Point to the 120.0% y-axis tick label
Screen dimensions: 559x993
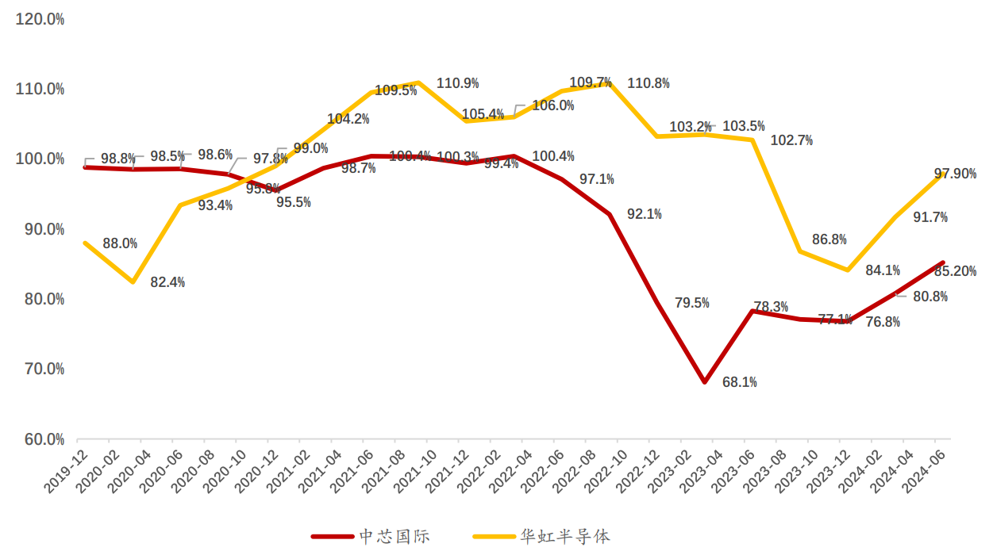click(x=40, y=19)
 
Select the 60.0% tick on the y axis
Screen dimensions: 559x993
click(x=40, y=439)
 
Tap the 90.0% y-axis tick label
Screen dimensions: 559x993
click(x=40, y=229)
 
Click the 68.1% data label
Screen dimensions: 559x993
click(x=739, y=382)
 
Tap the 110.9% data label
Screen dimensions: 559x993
click(x=457, y=83)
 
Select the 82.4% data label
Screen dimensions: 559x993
click(x=167, y=282)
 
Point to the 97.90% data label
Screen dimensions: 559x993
click(x=955, y=174)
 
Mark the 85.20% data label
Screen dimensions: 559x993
click(x=955, y=271)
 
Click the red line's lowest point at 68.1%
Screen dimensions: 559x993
click(x=704, y=382)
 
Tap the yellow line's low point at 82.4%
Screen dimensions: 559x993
click(x=133, y=282)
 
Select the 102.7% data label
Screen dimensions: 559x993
click(x=792, y=140)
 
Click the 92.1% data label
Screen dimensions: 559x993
click(x=644, y=214)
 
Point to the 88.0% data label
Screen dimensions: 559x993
click(x=120, y=243)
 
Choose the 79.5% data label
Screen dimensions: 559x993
click(x=691, y=303)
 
